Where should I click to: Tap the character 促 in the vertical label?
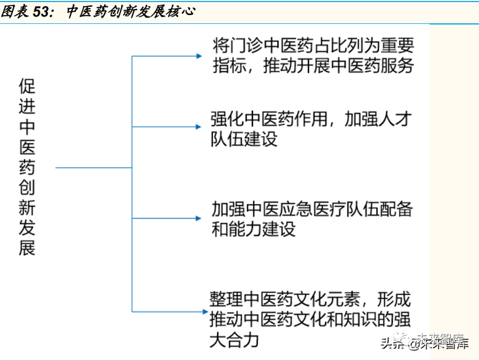[28, 88]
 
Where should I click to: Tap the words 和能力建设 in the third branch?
[253, 229]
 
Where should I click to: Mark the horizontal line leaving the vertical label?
[92, 167]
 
